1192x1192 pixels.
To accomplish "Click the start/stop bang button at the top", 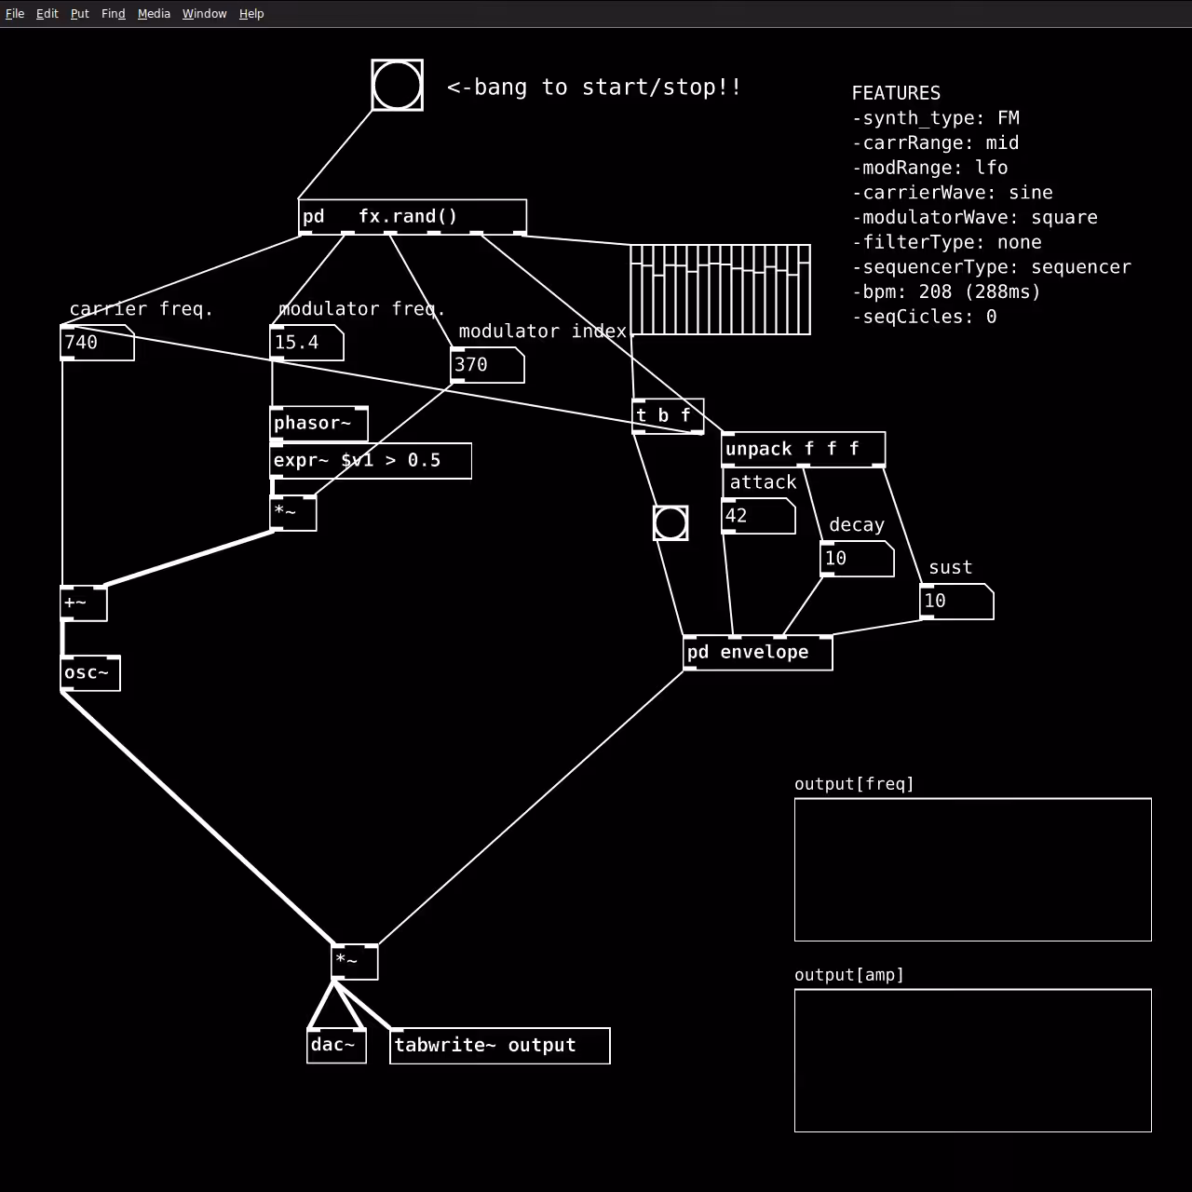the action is tap(397, 86).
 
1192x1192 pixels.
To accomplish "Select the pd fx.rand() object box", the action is tap(413, 217).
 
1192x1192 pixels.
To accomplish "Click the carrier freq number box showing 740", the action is tap(97, 343).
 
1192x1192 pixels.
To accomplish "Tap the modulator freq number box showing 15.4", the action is tap(306, 343).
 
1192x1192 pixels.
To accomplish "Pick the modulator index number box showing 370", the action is tap(487, 365).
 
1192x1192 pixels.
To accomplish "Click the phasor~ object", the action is tap(319, 424).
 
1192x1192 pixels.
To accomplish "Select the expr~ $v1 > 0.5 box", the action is tap(371, 461).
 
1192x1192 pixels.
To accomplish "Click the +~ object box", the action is tap(84, 603).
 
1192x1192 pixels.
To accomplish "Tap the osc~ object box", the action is tap(90, 673).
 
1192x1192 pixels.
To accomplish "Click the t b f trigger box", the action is tap(668, 415).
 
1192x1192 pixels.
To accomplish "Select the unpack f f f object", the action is tap(804, 449).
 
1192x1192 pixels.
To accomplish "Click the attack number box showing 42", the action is tap(758, 516).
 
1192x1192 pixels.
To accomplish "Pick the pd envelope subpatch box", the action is tap(758, 653).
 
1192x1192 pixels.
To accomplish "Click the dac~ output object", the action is tap(336, 1046).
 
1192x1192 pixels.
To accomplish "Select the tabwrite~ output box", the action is tap(500, 1046).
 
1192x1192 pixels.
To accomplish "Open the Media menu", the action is tap(154, 14).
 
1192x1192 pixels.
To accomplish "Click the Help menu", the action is tap(251, 14).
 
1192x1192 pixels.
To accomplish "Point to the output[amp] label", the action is tap(848, 976).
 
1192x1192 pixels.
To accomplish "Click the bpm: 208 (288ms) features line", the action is tap(946, 292).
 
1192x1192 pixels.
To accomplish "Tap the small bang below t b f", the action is tap(670, 523).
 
